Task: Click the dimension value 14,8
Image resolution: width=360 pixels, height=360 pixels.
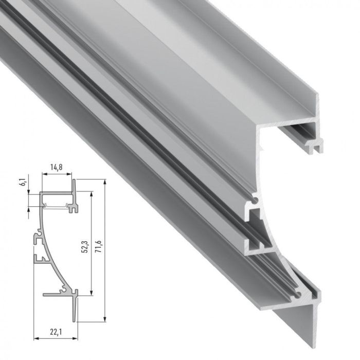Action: pos(57,167)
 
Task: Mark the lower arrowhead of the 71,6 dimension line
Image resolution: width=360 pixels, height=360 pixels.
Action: pos(104,320)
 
